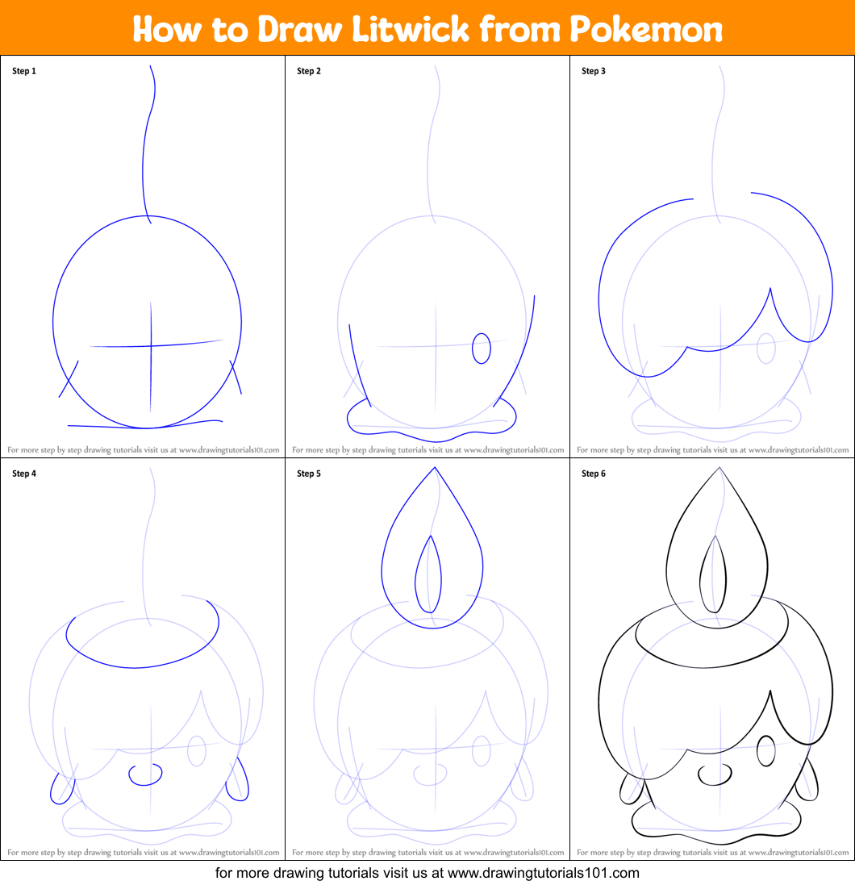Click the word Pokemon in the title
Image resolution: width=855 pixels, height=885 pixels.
[646, 29]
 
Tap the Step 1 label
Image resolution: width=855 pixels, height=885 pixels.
[24, 71]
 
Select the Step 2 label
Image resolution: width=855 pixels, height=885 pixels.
[309, 71]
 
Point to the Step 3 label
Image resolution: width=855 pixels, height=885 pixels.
[594, 71]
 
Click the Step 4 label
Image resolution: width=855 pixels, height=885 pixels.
[24, 474]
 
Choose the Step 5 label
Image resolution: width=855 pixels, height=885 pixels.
[309, 474]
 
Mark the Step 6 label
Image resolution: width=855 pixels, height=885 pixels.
[594, 474]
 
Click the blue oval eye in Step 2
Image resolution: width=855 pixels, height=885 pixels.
[481, 349]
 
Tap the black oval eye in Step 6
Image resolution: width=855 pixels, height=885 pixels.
[765, 751]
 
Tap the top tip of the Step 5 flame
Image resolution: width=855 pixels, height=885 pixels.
[434, 468]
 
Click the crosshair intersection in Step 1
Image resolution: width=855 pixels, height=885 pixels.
[151, 346]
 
